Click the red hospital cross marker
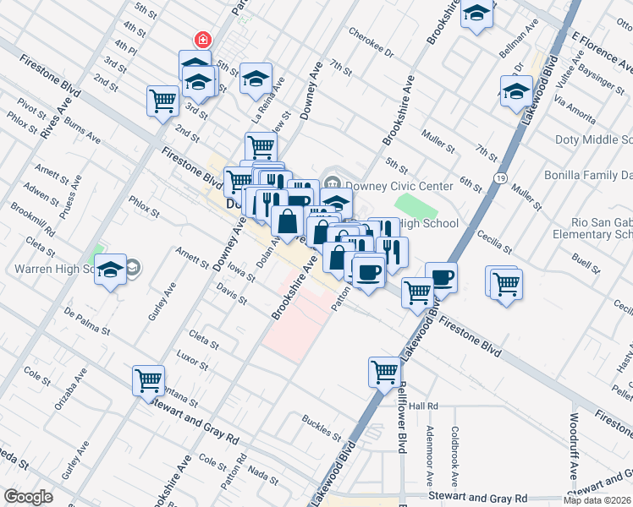tap(202, 39)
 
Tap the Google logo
tap(28, 496)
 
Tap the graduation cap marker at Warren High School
tap(110, 270)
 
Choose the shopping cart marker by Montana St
tap(149, 380)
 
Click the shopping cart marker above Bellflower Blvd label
tap(384, 370)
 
